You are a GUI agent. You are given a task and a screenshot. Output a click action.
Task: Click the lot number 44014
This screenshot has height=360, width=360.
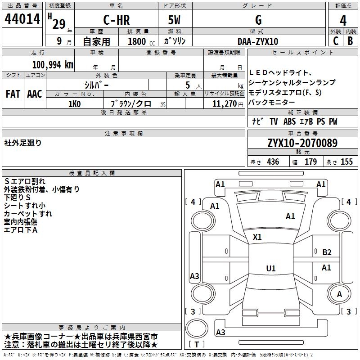pyautogui.click(x=22, y=19)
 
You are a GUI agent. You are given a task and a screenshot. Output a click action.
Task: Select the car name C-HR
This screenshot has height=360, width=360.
pyautogui.click(x=117, y=20)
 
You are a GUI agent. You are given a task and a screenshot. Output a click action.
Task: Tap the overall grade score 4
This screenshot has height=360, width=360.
pyautogui.click(x=343, y=21)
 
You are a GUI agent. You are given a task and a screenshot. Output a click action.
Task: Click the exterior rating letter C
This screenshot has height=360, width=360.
pyautogui.click(x=336, y=41)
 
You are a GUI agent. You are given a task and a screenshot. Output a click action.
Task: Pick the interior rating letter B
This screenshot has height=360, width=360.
pyautogui.click(x=350, y=41)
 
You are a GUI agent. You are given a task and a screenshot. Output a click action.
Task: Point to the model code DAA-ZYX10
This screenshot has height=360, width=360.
pyautogui.click(x=258, y=41)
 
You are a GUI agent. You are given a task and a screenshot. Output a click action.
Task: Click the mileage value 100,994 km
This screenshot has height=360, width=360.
pyautogui.click(x=53, y=65)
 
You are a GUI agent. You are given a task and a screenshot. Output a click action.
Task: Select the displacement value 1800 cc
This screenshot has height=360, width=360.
pyautogui.click(x=141, y=41)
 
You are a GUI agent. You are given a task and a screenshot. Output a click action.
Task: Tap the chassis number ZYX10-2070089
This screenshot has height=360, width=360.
pyautogui.click(x=302, y=143)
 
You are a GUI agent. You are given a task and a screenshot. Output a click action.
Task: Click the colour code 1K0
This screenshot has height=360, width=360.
pyautogui.click(x=75, y=104)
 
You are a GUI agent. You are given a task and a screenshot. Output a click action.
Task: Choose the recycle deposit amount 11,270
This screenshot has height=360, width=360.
pyautogui.click(x=225, y=104)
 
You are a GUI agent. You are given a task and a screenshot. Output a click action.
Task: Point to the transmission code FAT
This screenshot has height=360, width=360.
pyautogui.click(x=13, y=94)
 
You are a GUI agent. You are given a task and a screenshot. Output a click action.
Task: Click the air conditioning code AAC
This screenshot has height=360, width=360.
pyautogui.click(x=35, y=94)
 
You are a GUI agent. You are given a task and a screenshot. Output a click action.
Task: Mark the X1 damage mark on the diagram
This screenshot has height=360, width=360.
pyautogui.click(x=257, y=237)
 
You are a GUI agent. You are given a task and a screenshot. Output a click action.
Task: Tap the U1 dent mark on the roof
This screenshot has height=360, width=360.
pyautogui.click(x=271, y=268)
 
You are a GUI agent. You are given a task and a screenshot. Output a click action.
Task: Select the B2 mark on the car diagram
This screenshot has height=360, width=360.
pyautogui.click(x=327, y=252)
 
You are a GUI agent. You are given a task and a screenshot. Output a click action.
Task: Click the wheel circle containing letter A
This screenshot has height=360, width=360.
pyautogui.click(x=339, y=294)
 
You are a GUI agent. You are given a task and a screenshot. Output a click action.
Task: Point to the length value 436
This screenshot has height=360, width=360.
pyautogui.click(x=273, y=162)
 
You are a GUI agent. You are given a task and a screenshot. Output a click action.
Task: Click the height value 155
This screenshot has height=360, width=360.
pyautogui.click(x=346, y=162)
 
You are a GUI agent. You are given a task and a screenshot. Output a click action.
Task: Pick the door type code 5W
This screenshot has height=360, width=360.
pyautogui.click(x=174, y=20)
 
